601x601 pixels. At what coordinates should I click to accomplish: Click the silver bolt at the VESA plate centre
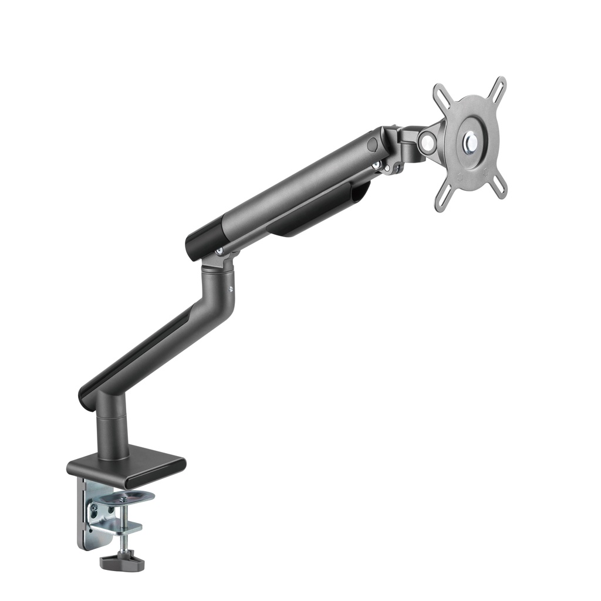[x=471, y=141]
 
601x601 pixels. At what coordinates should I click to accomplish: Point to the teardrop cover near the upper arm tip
[x=372, y=144]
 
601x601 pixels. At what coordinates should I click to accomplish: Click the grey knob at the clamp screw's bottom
[x=122, y=562]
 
